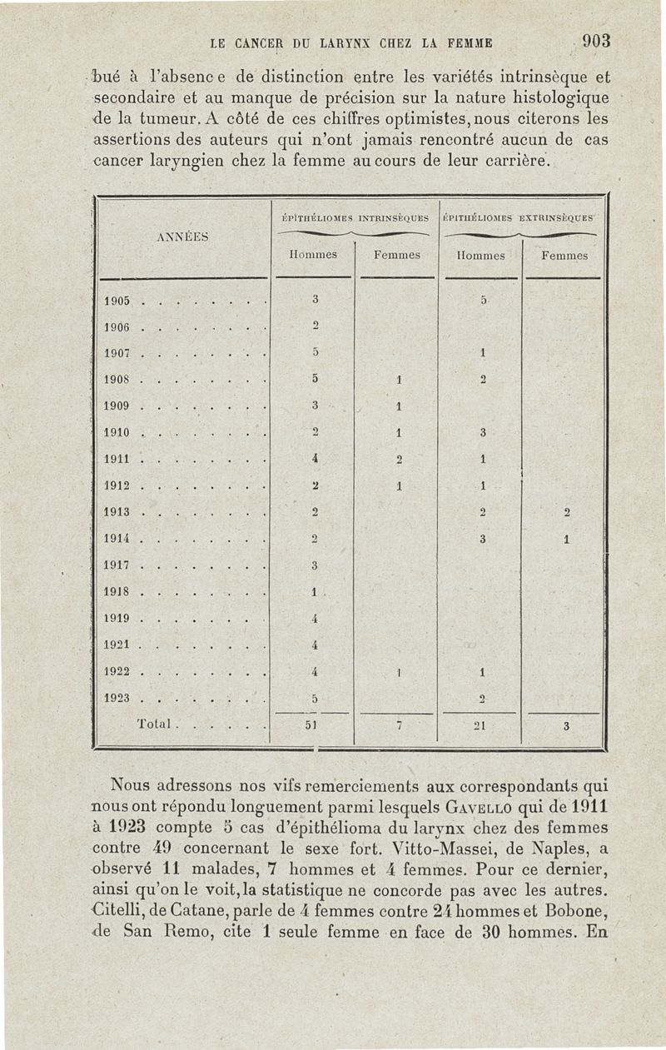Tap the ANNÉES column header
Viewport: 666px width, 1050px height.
point(182,236)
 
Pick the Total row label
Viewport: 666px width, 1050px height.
point(153,725)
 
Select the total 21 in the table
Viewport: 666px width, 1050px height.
point(481,725)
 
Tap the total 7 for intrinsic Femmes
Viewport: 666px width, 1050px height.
point(399,725)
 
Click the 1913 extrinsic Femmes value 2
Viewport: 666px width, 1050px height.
point(566,513)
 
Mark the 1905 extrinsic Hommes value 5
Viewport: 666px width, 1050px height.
point(482,301)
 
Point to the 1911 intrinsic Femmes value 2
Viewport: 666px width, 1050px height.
point(400,460)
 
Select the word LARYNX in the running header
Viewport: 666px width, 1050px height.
point(331,42)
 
